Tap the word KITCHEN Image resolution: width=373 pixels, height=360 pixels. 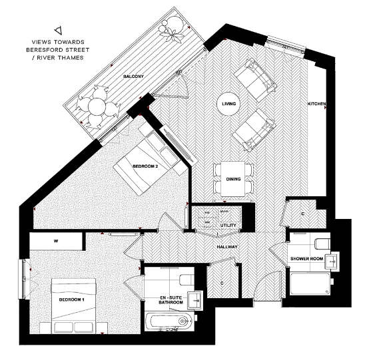pos(316,104)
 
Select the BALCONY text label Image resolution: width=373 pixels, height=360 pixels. pos(134,77)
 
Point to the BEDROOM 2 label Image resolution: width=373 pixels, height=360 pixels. pos(145,166)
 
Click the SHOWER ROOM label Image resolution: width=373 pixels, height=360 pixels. pos(306,258)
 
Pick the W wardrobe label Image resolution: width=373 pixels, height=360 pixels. pos(55,241)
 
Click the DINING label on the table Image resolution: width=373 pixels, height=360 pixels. pos(233,178)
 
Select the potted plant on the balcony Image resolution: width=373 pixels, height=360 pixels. pos(172,30)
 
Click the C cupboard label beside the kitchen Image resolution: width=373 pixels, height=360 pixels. pos(302,214)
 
